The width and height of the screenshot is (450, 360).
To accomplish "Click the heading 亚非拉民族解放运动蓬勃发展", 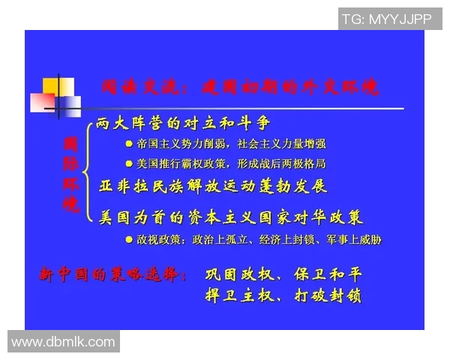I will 213,185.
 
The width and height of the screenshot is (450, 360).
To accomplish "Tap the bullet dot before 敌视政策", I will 130,241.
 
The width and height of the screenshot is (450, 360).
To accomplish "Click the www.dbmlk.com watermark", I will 63,342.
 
